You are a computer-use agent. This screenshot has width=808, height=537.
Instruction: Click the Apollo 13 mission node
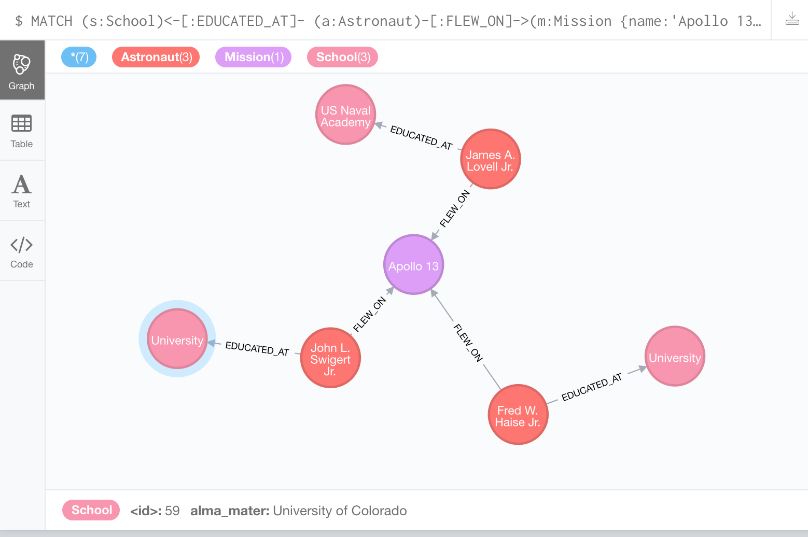click(x=413, y=265)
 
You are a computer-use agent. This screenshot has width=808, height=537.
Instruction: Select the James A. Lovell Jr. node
click(x=490, y=159)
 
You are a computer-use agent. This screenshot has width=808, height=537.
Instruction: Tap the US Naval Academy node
click(x=345, y=115)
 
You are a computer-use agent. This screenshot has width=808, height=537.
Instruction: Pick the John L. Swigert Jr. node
click(x=330, y=358)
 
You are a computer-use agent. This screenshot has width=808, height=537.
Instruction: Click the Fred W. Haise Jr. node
click(x=518, y=415)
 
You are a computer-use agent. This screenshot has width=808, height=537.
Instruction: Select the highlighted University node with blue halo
click(x=177, y=339)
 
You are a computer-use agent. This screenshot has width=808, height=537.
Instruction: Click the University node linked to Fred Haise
click(x=675, y=357)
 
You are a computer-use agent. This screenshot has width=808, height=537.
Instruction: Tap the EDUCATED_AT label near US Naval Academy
click(x=421, y=137)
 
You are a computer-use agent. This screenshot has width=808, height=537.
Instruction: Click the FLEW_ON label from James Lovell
click(x=454, y=208)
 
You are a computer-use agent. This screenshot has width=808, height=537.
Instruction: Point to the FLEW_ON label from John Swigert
click(x=369, y=314)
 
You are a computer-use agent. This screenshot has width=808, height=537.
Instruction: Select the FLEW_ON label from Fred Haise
click(x=468, y=342)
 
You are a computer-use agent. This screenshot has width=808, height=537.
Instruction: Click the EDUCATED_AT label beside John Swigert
click(x=257, y=348)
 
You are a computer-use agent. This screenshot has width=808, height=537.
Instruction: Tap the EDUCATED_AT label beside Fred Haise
click(x=591, y=387)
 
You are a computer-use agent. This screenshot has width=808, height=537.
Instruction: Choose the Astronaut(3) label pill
click(x=156, y=57)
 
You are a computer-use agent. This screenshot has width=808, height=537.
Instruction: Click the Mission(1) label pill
click(x=254, y=57)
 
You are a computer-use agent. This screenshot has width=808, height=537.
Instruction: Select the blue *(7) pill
click(x=79, y=57)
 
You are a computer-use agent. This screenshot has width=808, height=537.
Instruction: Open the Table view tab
click(x=22, y=131)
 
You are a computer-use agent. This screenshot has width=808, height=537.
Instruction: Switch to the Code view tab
click(x=22, y=251)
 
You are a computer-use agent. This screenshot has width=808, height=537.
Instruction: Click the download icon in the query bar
click(x=792, y=20)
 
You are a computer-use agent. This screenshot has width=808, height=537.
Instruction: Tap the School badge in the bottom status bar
click(x=91, y=510)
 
